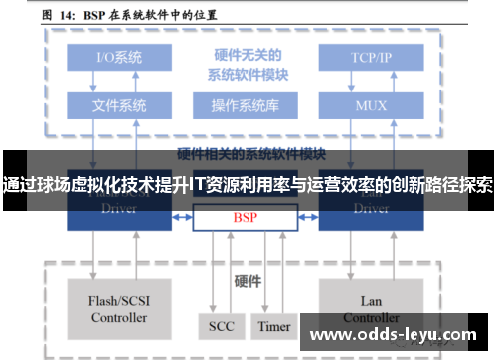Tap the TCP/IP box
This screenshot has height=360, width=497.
pos(371,57)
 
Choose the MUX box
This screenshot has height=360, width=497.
pos(371,103)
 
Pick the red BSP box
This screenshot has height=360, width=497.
pos(245,216)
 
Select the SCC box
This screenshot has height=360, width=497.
pos(221,326)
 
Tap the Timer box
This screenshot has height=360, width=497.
pos(274,326)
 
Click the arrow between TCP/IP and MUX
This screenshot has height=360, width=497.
pos(371,80)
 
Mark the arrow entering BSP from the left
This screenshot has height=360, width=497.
pos(185,216)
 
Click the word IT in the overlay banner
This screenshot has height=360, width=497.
pos(199,185)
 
